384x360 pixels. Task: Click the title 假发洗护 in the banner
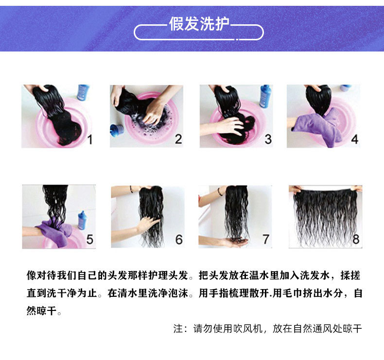coord(199,24)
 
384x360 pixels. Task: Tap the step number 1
coord(90,140)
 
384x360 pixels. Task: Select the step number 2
coord(178,139)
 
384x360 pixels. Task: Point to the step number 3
coord(268,139)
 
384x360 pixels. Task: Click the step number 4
coord(355,139)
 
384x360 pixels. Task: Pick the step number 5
coord(89,239)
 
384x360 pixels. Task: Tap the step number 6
coord(179,240)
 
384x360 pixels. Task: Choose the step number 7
coord(266,239)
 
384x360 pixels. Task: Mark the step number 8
coord(356,239)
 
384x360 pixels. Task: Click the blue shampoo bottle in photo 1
coord(83,92)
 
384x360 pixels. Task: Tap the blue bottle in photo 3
coord(265,96)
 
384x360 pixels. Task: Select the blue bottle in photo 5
coord(82,220)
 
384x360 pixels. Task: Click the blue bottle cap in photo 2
coord(117,130)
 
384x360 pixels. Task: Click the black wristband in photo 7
coord(220,191)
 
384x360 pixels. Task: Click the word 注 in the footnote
coord(178,329)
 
